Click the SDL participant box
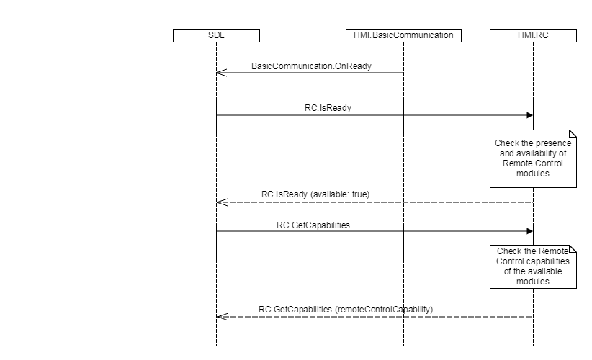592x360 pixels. pos(216,35)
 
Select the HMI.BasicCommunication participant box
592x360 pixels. pos(403,35)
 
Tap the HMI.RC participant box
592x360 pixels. pos(533,35)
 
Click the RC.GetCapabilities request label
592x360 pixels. pos(313,225)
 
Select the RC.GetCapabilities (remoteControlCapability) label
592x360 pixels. pos(346,310)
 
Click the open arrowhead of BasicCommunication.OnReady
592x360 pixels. pos(221,72)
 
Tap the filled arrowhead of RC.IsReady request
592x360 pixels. pos(529,115)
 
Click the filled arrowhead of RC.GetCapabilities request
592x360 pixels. pos(529,230)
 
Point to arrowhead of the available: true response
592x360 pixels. pos(221,202)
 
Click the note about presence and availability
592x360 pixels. pos(533,158)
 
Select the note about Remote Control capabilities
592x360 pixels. pos(533,266)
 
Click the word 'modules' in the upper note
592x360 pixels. pos(533,174)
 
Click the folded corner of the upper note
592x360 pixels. pos(573,133)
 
